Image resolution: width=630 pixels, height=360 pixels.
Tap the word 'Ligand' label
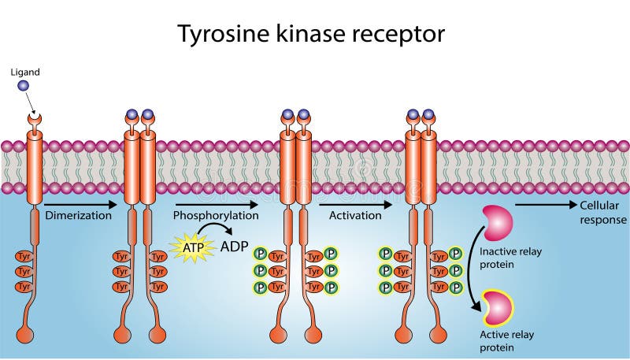pos(25,72)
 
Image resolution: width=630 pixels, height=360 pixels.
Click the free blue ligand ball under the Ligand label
pos(24,87)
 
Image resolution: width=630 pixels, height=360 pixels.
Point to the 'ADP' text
pos(234,247)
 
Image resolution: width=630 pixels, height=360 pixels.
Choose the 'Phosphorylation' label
pos(216,215)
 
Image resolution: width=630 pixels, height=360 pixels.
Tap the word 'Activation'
pos(355,215)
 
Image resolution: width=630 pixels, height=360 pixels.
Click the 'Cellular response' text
pos(603,213)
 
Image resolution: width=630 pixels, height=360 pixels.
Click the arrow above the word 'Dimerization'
pos(80,203)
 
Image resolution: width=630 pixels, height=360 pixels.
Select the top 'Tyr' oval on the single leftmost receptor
pos(24,256)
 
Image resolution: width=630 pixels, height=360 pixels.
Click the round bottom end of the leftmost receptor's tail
pos(35,335)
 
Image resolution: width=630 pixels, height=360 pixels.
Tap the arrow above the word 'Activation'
pos(359,203)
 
